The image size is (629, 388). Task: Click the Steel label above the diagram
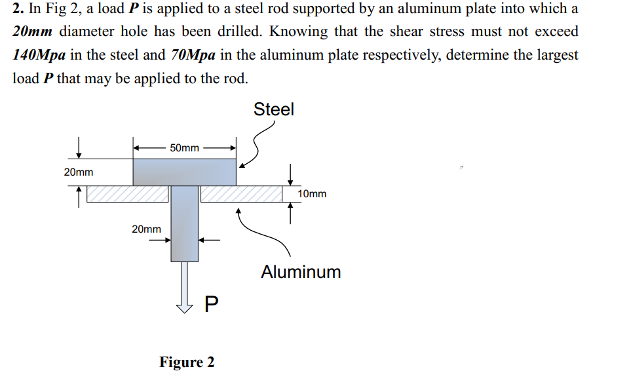tap(274, 109)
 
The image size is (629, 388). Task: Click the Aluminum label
tap(301, 272)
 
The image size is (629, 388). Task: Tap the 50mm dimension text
tap(184, 148)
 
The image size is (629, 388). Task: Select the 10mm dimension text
tap(312, 194)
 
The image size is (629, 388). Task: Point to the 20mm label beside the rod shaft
tap(146, 229)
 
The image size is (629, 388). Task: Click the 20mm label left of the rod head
tap(78, 172)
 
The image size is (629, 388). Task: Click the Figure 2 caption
tap(187, 362)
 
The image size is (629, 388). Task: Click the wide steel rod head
tap(184, 172)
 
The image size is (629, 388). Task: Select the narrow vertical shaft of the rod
tap(184, 223)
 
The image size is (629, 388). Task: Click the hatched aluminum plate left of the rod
tap(127, 193)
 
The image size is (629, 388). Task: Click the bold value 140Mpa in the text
tap(39, 55)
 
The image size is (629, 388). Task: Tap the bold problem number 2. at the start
tap(18, 9)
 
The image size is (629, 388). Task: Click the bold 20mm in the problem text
tap(32, 32)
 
